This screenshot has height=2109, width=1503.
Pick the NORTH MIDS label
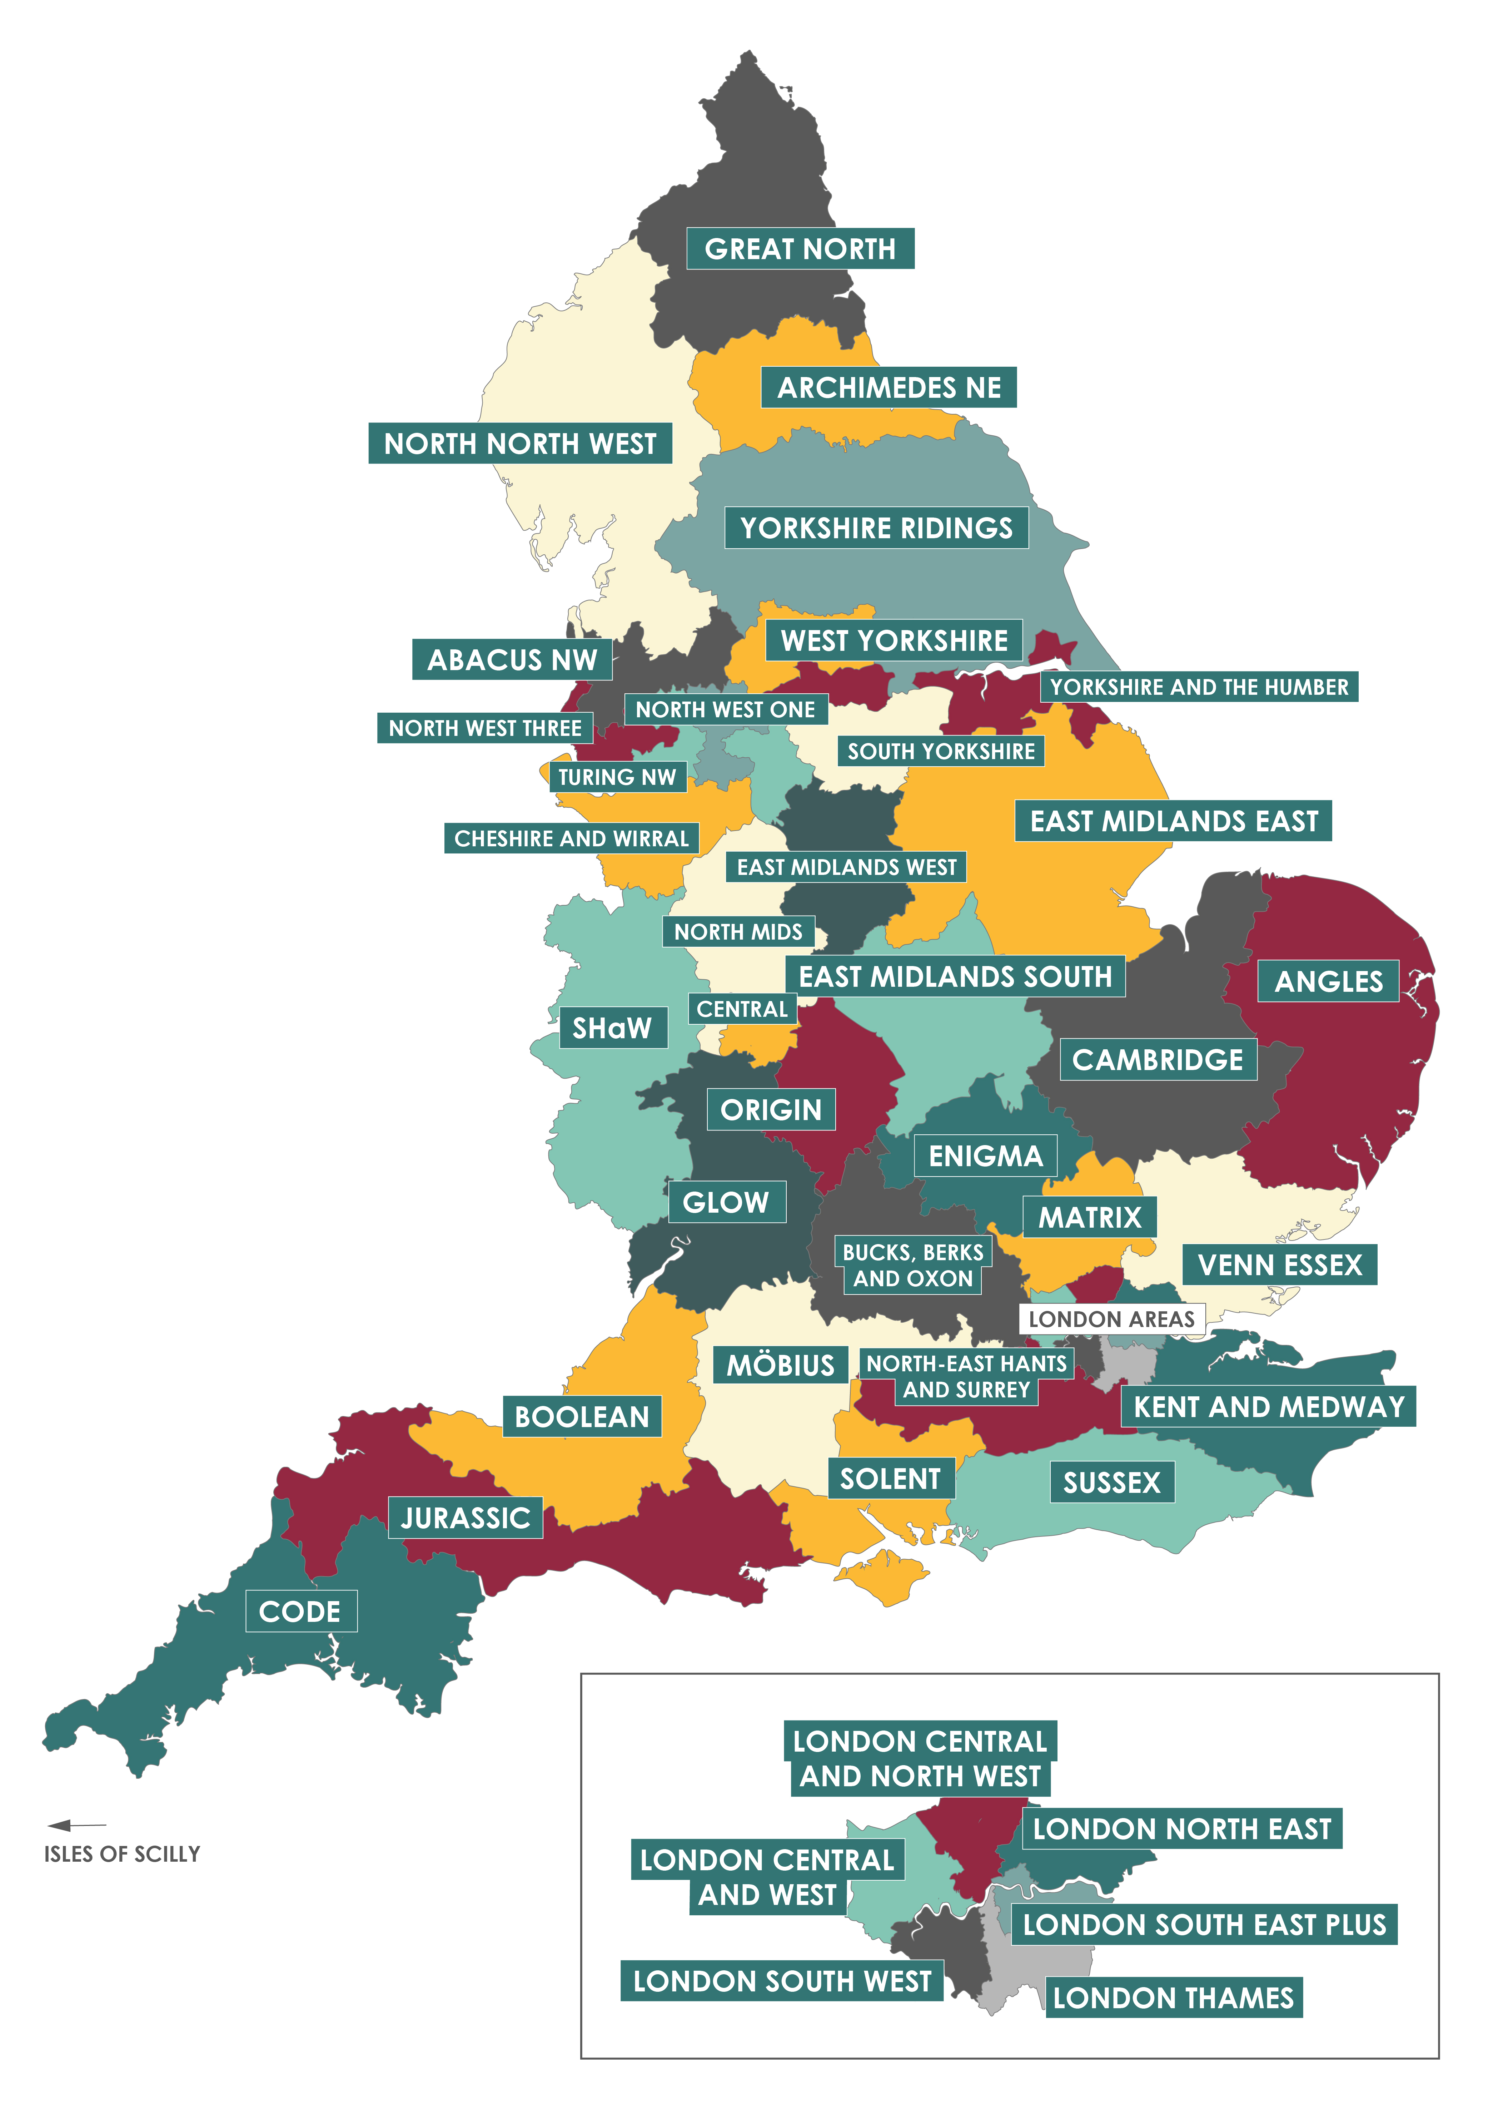click(x=738, y=931)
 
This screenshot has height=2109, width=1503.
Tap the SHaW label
click(x=613, y=1028)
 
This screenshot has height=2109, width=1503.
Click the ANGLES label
click(x=1328, y=981)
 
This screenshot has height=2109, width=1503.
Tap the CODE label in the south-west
click(x=300, y=1612)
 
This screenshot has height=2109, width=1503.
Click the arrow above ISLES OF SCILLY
click(x=76, y=1826)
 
